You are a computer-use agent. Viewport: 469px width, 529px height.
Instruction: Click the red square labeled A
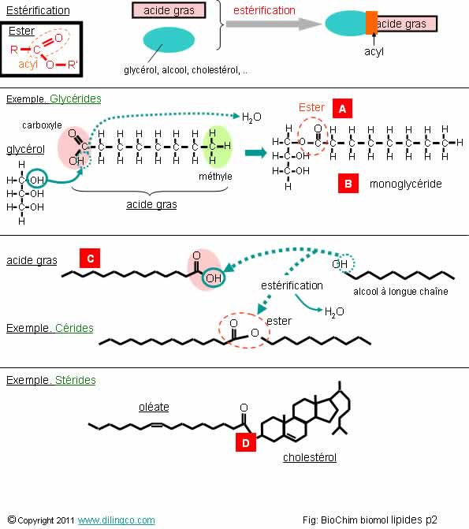point(342,109)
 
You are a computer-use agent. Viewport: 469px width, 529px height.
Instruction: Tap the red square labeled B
point(348,184)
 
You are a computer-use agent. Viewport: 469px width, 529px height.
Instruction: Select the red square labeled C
point(90,259)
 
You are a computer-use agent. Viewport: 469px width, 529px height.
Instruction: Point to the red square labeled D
point(246,442)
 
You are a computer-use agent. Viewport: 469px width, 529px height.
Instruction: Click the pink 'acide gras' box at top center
point(169,10)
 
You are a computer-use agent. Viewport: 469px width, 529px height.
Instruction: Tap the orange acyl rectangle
point(371,23)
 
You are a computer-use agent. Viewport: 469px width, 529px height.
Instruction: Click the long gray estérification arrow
point(274,24)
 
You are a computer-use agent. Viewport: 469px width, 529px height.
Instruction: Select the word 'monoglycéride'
point(406,184)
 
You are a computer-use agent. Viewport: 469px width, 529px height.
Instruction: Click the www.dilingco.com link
point(117,520)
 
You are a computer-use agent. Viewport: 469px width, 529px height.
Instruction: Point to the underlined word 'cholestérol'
point(310,457)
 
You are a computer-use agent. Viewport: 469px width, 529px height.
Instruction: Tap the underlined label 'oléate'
point(154,407)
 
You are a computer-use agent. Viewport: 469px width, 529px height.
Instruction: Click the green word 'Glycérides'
point(75,99)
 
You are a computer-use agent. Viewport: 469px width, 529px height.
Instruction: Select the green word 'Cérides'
point(74,328)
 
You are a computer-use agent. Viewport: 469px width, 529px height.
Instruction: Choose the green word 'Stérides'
point(75,380)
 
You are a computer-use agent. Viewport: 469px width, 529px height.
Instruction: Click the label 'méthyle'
point(215,177)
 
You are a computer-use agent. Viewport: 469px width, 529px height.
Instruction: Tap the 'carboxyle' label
point(43,125)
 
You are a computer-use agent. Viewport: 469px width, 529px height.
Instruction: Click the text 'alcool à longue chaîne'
point(400,292)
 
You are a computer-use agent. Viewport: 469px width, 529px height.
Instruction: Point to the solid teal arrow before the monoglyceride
point(255,153)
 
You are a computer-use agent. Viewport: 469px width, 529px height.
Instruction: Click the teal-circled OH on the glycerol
point(36,180)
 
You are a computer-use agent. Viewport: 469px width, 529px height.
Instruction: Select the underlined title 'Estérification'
point(38,10)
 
